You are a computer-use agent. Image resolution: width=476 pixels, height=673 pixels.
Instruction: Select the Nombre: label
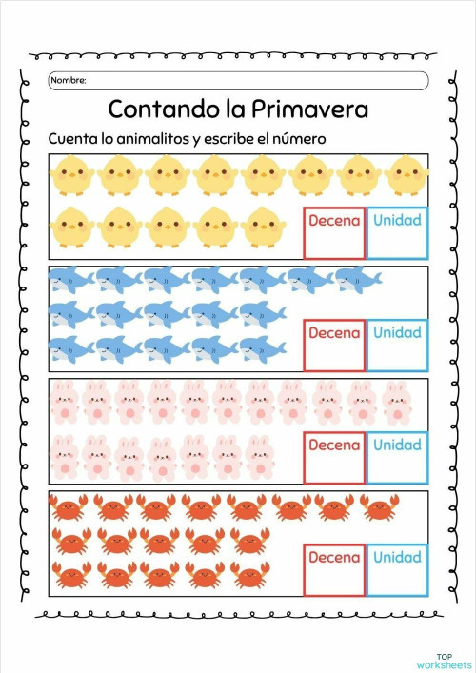click(68, 81)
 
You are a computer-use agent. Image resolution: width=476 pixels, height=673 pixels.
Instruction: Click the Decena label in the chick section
click(334, 221)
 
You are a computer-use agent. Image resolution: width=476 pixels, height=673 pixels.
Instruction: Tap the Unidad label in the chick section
click(397, 221)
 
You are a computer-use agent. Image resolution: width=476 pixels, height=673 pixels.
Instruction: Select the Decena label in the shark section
click(334, 333)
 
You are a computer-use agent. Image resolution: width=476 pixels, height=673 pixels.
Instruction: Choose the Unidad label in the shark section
click(397, 333)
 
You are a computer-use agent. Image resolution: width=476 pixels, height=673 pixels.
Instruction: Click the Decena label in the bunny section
click(334, 445)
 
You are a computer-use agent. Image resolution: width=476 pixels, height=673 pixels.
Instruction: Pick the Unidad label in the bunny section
click(397, 445)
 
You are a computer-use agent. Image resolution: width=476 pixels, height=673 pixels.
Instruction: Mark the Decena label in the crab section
click(334, 557)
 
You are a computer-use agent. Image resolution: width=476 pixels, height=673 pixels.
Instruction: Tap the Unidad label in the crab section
click(397, 557)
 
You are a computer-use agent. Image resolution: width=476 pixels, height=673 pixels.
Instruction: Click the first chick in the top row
click(70, 176)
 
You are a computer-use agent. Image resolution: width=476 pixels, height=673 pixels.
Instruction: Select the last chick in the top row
click(407, 176)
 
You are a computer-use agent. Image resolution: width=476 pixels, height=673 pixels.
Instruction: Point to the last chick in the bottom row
click(264, 227)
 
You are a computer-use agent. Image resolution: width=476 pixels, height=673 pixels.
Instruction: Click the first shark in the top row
click(70, 279)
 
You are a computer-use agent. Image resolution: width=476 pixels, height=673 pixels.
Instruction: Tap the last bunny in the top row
click(396, 402)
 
